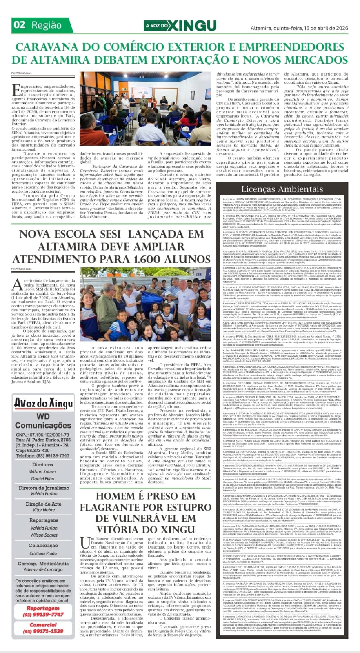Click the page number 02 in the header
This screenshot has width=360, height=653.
pos(20,25)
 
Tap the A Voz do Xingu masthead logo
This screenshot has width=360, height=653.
pos(180,25)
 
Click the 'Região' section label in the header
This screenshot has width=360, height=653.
pos(47,25)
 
